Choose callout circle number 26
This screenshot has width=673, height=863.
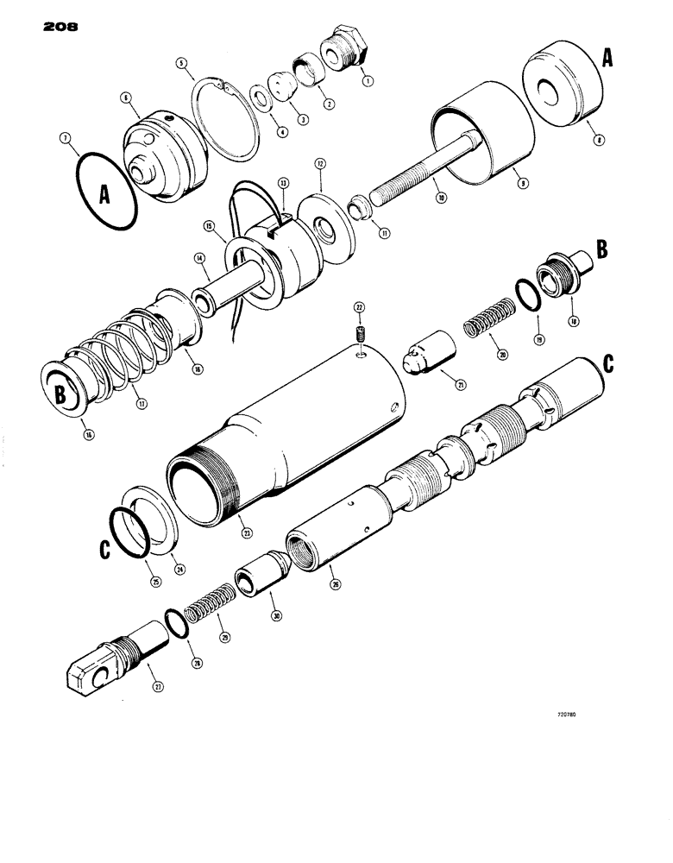(x=335, y=583)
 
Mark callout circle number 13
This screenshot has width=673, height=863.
(x=282, y=183)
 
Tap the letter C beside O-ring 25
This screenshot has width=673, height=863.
(x=105, y=545)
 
